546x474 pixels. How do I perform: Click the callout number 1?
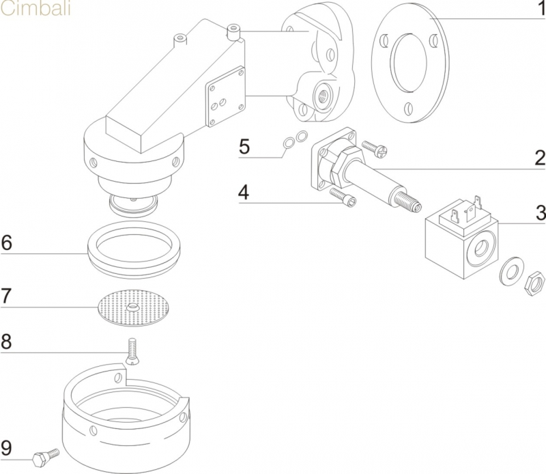[x=538, y=11]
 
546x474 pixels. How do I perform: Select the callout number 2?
[x=538, y=159]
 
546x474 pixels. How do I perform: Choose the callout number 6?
[x=6, y=243]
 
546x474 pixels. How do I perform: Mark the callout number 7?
[x=6, y=296]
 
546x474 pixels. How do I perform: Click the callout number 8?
[x=6, y=341]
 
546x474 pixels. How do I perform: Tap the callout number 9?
[x=6, y=448]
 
